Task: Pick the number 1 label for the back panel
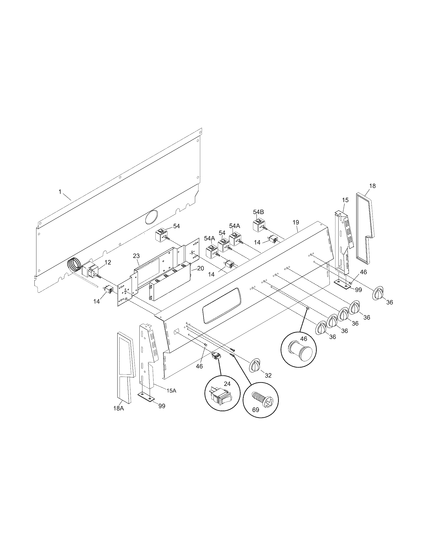point(60,192)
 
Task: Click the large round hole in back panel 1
point(151,217)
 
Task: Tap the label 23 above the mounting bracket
point(136,256)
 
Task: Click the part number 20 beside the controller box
point(201,268)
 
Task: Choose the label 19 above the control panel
point(296,222)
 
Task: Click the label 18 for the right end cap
point(372,186)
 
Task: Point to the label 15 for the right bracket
point(345,200)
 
